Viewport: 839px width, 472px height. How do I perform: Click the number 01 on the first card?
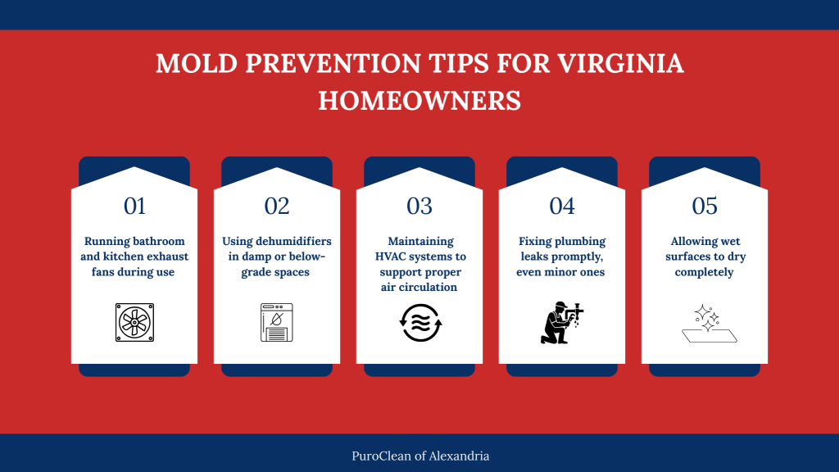point(134,206)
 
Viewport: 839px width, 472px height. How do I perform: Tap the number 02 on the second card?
point(277,206)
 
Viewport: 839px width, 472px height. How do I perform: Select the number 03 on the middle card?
point(419,206)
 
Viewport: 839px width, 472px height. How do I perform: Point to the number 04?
point(562,206)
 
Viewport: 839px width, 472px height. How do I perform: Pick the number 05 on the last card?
point(705,206)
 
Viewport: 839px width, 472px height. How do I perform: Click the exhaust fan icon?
point(134,322)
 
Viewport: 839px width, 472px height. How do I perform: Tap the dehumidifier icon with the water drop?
point(277,322)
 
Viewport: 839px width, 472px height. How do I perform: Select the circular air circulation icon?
point(419,322)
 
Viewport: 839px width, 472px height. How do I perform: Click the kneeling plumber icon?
point(562,322)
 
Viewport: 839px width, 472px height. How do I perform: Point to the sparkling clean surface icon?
point(704,323)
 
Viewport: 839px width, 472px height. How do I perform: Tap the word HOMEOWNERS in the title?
point(419,100)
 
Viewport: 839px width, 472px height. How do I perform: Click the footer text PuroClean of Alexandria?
point(419,456)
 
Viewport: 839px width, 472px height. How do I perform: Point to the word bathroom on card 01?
point(156,242)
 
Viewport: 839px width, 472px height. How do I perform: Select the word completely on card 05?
point(705,272)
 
